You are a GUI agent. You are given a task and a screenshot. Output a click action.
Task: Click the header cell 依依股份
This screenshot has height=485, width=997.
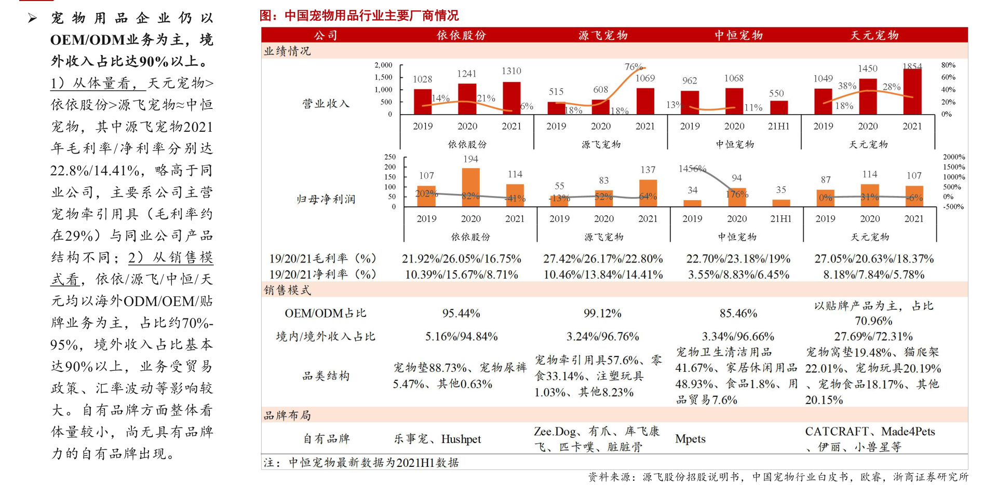(461, 35)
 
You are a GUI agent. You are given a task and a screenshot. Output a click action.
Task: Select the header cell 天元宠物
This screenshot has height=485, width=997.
(874, 35)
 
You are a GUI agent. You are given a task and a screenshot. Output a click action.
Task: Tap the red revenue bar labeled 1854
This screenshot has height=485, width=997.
(912, 92)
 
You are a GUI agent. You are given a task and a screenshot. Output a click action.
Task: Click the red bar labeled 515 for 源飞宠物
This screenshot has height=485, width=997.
(556, 108)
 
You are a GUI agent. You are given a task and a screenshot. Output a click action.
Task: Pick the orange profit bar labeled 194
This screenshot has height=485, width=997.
(470, 187)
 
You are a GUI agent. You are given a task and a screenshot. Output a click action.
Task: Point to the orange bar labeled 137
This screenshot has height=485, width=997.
(648, 193)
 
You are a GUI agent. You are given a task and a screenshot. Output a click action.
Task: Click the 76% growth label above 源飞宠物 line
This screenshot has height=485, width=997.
(634, 67)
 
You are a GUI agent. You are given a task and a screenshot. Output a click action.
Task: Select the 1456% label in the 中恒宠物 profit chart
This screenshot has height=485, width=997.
(692, 169)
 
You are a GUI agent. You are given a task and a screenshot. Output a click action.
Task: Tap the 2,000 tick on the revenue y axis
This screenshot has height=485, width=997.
(383, 65)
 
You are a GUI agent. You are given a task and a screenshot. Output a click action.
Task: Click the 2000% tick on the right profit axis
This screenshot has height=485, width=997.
(954, 157)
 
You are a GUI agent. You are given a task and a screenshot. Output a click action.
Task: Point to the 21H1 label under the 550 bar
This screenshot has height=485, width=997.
(778, 126)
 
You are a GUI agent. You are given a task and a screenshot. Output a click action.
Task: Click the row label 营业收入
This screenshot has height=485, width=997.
(326, 104)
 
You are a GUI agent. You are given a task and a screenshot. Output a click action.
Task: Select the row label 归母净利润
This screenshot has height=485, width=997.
(326, 199)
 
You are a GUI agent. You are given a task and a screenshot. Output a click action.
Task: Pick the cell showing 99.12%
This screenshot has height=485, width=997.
(602, 313)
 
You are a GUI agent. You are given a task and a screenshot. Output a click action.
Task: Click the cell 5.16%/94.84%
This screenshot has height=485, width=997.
(461, 337)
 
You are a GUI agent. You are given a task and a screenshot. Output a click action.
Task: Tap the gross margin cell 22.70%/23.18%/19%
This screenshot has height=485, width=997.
(738, 259)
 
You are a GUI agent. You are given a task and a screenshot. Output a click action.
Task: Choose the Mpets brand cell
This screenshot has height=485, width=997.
(690, 439)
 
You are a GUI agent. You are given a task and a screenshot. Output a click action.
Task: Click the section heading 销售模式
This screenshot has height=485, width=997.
(287, 290)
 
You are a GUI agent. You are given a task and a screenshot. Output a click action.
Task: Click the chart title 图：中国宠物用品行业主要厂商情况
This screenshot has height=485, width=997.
(359, 16)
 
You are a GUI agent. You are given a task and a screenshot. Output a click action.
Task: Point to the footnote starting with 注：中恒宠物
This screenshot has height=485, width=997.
(361, 463)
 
